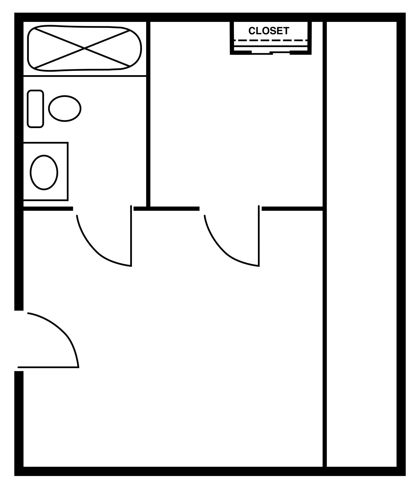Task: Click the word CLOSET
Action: tap(268, 31)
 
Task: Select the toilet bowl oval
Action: tap(65, 109)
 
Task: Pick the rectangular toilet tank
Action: tap(35, 109)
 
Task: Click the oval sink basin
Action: tap(44, 172)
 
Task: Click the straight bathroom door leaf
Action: tap(131, 236)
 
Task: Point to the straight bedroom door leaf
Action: tap(259, 236)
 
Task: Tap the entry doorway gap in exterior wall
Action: tap(19, 341)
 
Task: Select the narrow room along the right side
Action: tap(362, 248)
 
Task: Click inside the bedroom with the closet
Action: tap(236, 130)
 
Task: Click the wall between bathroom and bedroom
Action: tap(148, 115)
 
